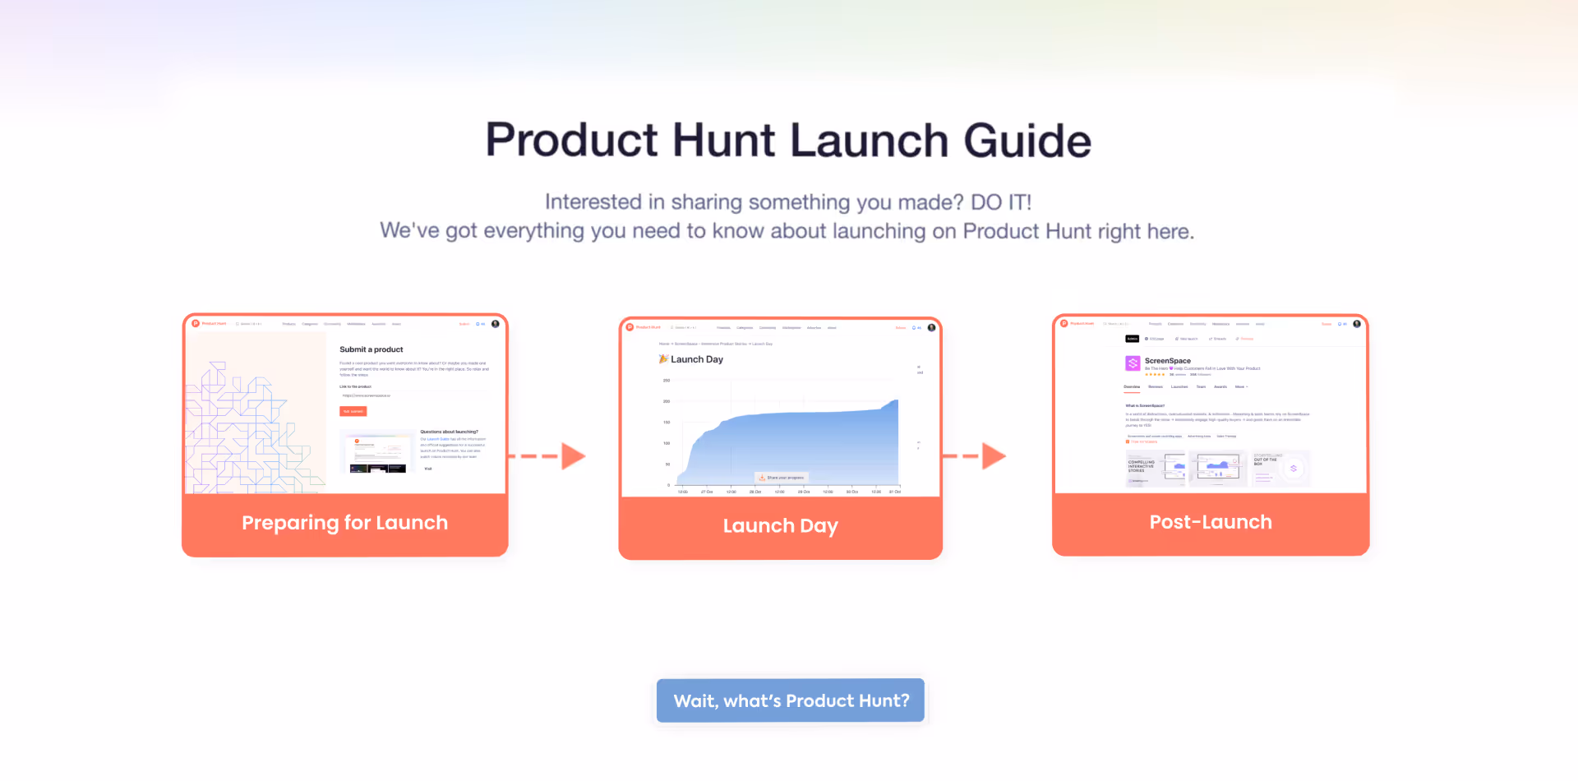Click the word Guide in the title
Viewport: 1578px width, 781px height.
(x=1027, y=141)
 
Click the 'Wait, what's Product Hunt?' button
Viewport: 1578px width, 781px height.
(x=791, y=700)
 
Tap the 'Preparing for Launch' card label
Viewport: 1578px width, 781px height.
(x=344, y=523)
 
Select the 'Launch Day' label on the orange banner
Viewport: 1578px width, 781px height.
(x=780, y=525)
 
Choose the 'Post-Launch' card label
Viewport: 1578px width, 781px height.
(x=1210, y=522)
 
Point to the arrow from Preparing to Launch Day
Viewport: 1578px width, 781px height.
(x=548, y=456)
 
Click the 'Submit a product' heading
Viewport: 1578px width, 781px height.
(x=371, y=349)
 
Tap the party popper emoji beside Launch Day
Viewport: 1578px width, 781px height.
(x=663, y=359)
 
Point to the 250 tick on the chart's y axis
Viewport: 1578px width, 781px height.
(x=667, y=381)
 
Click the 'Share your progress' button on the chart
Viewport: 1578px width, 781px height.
(x=782, y=478)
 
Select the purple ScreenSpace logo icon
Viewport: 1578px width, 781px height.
(x=1133, y=363)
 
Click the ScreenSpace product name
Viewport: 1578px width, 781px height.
(x=1167, y=361)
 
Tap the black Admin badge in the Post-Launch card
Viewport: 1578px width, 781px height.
(x=1132, y=339)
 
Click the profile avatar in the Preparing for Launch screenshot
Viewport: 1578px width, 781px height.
(x=496, y=324)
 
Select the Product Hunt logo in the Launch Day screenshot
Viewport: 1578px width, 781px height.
(x=630, y=327)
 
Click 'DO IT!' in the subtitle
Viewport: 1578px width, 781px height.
(x=1000, y=202)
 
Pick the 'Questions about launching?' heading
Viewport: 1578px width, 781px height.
(x=449, y=432)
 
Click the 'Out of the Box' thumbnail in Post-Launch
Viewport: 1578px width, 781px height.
(x=1280, y=468)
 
